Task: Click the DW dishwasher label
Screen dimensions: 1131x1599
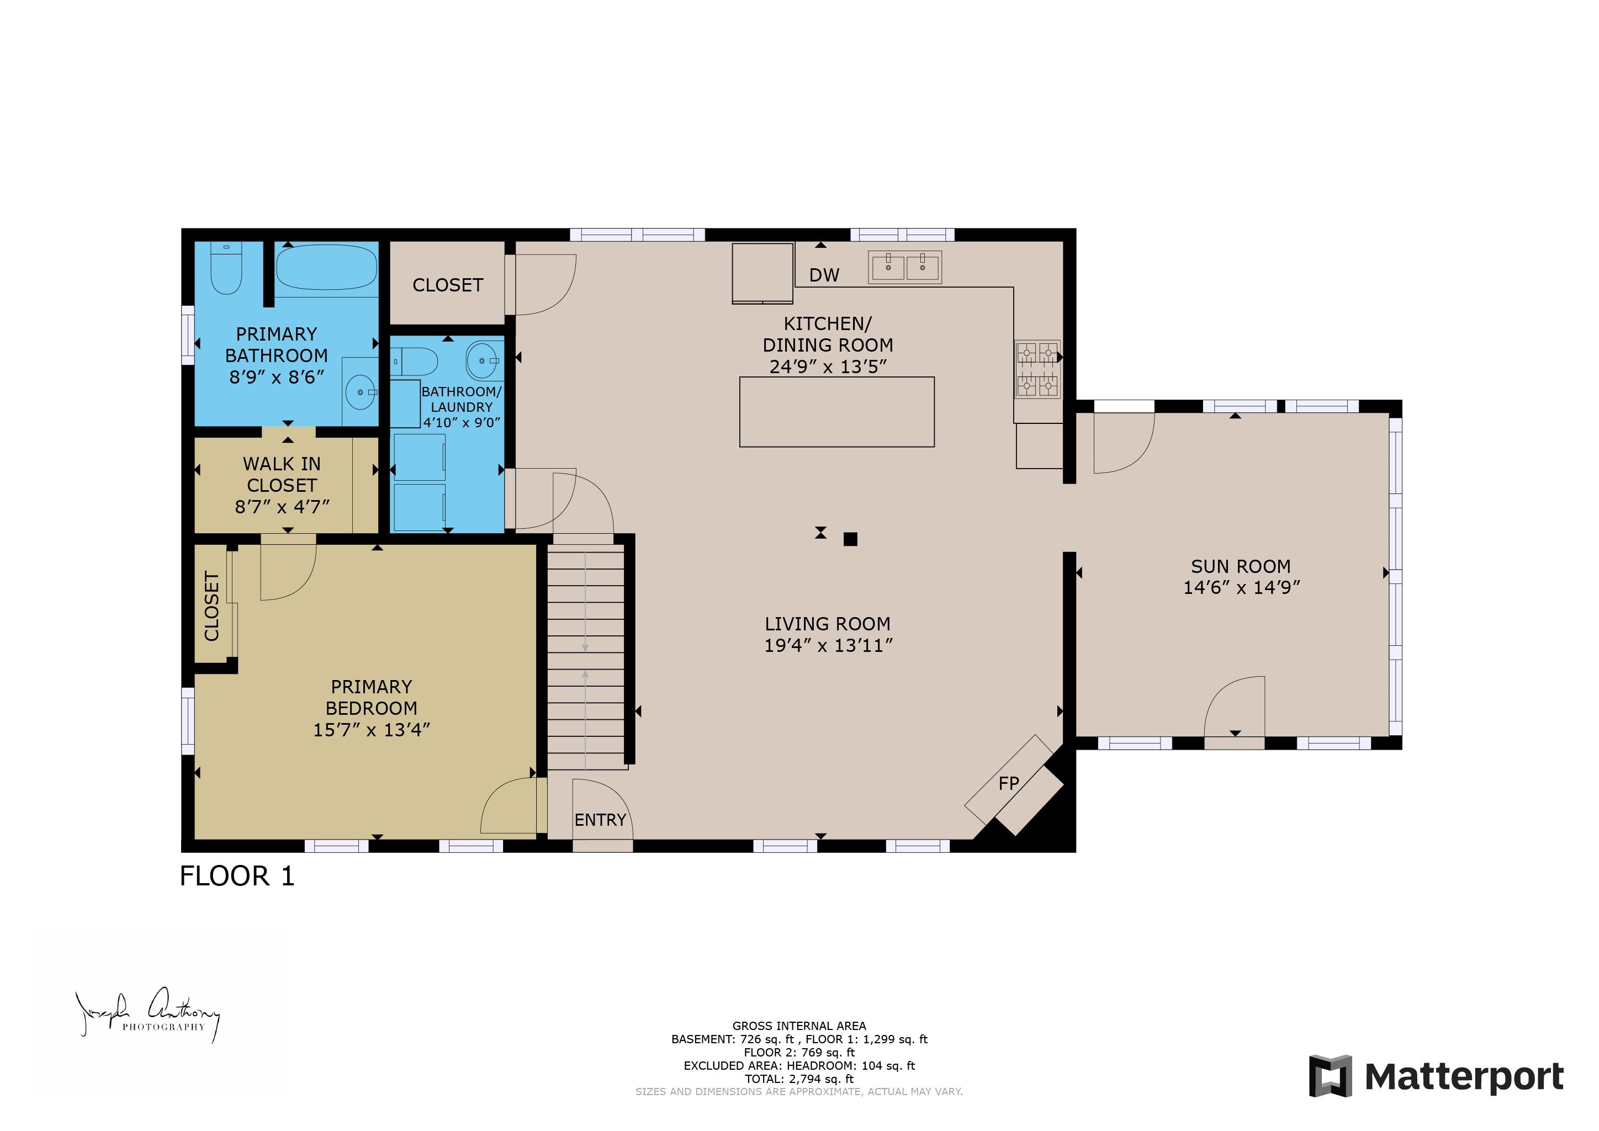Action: pyautogui.click(x=824, y=275)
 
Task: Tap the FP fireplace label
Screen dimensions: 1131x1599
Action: pyautogui.click(x=1008, y=783)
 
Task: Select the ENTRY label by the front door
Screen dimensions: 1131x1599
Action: pyautogui.click(x=600, y=820)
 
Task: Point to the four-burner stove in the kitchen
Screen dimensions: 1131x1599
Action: pyautogui.click(x=1037, y=369)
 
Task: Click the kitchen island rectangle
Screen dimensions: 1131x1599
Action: pyautogui.click(x=836, y=412)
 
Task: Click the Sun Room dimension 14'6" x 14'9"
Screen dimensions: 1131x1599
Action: pyautogui.click(x=1241, y=588)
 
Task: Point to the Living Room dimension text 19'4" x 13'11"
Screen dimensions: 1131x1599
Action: pyautogui.click(x=827, y=646)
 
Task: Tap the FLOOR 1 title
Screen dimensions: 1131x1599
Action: pyautogui.click(x=237, y=876)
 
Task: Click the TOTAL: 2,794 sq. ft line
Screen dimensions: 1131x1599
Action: pyautogui.click(x=799, y=1079)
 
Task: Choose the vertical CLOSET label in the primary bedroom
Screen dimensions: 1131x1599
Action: pyautogui.click(x=211, y=606)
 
